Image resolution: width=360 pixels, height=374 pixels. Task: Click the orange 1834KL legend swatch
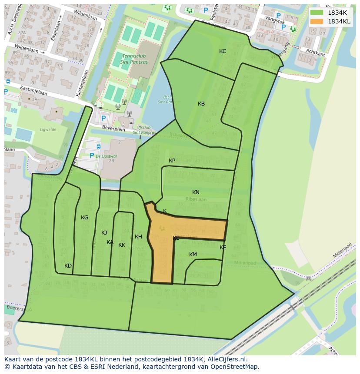click(317, 21)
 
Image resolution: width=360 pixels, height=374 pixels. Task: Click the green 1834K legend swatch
click(317, 13)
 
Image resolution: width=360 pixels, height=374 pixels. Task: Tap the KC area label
click(223, 51)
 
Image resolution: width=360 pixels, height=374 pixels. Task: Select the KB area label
click(201, 104)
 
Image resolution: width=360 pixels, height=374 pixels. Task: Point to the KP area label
click(172, 161)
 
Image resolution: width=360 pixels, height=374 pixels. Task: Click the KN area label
click(196, 192)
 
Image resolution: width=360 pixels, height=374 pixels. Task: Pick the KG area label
click(84, 218)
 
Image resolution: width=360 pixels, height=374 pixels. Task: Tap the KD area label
click(68, 266)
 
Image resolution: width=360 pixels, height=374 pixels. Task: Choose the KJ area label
click(104, 233)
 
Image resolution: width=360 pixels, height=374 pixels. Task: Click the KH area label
click(138, 237)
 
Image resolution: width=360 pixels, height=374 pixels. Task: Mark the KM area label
click(193, 255)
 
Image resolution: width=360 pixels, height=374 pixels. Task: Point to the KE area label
click(223, 248)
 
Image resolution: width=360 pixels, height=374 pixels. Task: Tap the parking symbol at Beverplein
click(103, 118)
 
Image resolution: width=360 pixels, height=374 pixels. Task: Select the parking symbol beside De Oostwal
click(92, 156)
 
